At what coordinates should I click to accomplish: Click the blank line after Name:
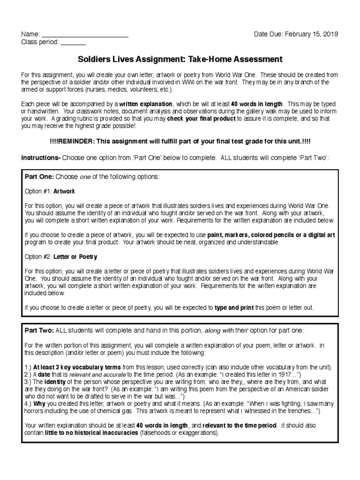point(85,35)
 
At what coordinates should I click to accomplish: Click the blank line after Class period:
point(73,43)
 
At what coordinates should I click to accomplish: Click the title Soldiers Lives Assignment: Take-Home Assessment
point(180,60)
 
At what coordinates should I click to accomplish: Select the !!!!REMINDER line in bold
point(180,141)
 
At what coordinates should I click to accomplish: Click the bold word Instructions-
point(41,158)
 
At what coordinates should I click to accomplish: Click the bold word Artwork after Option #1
point(64,191)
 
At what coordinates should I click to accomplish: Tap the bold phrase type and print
point(233,308)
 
